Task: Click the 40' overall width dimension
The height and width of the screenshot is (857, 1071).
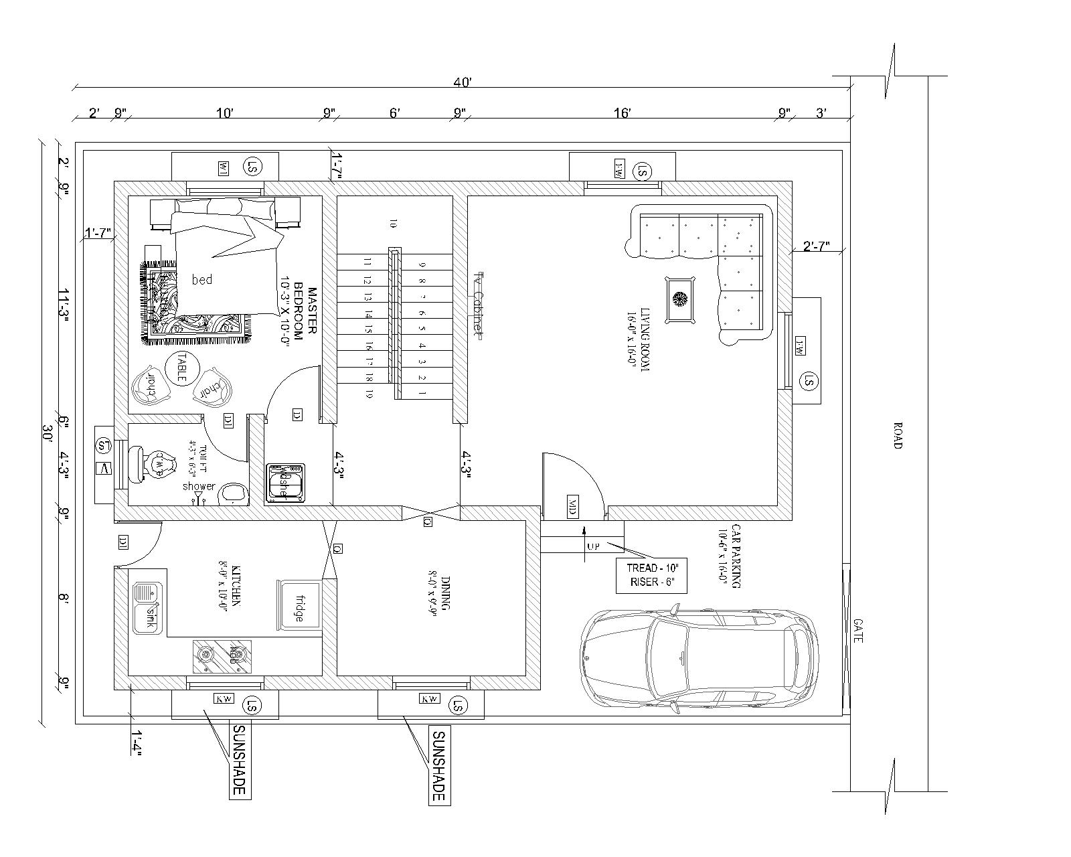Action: tap(463, 83)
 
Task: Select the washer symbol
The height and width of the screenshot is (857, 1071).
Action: tap(286, 482)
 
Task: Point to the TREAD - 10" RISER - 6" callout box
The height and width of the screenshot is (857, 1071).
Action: tap(651, 574)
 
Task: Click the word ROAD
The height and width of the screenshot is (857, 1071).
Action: tap(898, 435)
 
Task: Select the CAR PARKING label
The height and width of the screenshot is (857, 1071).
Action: tap(729, 556)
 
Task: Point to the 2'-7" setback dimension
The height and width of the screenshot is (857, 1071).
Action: tap(816, 246)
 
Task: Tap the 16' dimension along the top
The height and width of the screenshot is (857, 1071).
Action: tap(622, 113)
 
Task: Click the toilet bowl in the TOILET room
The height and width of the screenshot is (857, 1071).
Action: tap(157, 464)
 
